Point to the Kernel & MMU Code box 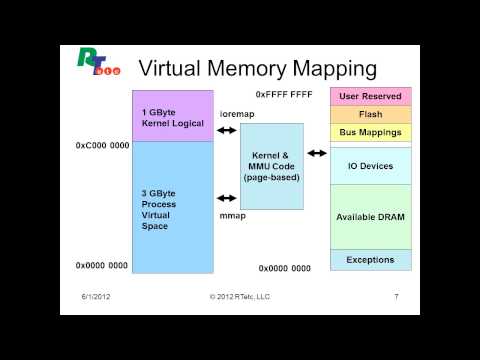click(x=272, y=165)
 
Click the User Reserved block click(x=370, y=97)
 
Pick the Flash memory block click(x=370, y=114)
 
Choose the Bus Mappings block click(x=370, y=132)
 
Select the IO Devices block click(x=370, y=166)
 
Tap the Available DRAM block click(x=370, y=217)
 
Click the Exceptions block click(x=370, y=260)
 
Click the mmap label click(x=232, y=215)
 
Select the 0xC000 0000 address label click(x=102, y=145)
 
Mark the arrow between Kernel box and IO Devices click(x=317, y=153)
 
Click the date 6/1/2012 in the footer click(x=97, y=297)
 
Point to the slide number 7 click(x=397, y=297)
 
